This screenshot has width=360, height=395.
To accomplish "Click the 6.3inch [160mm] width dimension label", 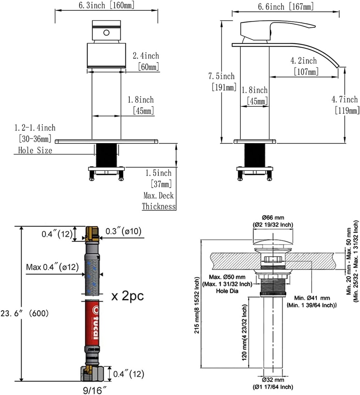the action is click(x=106, y=5).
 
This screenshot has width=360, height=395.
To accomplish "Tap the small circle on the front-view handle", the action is click(x=106, y=33).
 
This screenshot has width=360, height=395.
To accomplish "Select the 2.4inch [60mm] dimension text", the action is click(x=146, y=61).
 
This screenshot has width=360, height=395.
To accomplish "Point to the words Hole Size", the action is click(x=35, y=150).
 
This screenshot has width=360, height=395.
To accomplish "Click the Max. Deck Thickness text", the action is click(x=159, y=201).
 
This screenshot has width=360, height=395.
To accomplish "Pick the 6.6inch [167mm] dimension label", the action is click(x=286, y=6).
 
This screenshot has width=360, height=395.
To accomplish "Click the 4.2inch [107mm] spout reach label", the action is click(x=304, y=66).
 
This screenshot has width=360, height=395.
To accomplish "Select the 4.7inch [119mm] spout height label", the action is click(x=345, y=105).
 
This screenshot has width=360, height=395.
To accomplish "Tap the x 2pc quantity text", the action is click(x=127, y=296).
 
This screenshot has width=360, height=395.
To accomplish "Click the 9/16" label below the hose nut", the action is click(x=95, y=390).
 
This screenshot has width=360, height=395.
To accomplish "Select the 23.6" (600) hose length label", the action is click(x=25, y=313).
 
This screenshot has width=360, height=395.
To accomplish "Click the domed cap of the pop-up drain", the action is click(x=273, y=242).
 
